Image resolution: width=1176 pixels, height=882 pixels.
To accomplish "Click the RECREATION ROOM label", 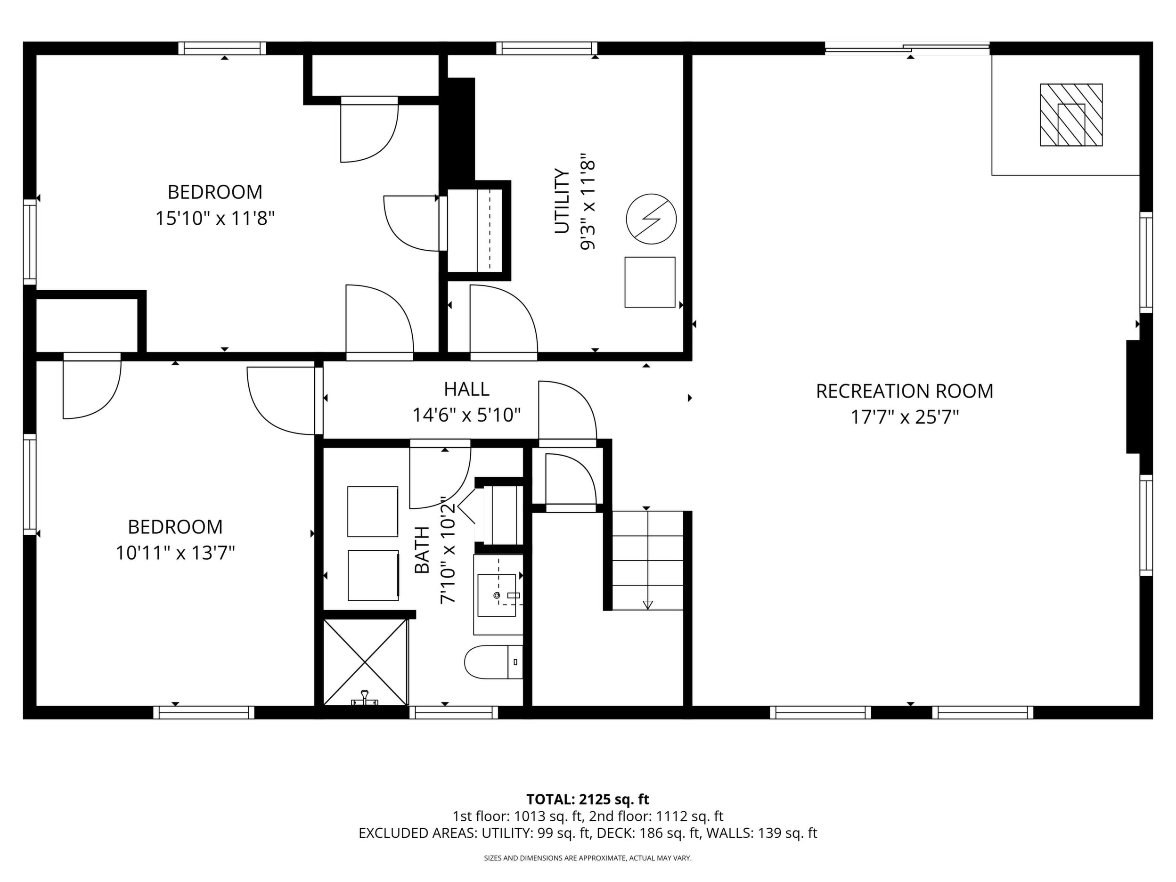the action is click(x=904, y=391).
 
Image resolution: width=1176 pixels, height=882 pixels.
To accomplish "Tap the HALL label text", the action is click(x=466, y=389).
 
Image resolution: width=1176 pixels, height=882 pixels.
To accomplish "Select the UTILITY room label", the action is click(x=562, y=201).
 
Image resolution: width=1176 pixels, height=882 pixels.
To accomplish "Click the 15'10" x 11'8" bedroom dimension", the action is click(x=215, y=218).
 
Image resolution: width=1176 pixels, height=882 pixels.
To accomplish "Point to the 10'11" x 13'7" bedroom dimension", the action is click(x=175, y=554).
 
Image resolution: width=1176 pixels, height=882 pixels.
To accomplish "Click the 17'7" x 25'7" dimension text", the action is click(x=904, y=417).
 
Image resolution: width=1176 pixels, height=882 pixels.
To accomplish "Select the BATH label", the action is click(x=422, y=550).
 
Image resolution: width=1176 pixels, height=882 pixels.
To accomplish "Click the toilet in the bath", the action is click(x=493, y=662).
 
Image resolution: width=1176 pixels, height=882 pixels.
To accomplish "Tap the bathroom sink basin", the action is click(x=497, y=595).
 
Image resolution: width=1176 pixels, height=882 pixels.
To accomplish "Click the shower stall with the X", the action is click(x=365, y=662).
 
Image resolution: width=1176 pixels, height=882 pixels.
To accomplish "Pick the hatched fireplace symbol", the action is click(x=1071, y=115).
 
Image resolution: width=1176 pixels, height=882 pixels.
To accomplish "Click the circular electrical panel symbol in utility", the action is click(x=651, y=219).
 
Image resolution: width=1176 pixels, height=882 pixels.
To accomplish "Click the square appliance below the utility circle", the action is click(x=650, y=282).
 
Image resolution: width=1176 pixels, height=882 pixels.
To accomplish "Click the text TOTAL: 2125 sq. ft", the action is click(x=588, y=799).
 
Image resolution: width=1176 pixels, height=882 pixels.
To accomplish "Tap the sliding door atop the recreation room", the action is click(x=907, y=49).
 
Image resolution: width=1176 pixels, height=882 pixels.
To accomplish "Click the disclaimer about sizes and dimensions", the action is click(x=588, y=858).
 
